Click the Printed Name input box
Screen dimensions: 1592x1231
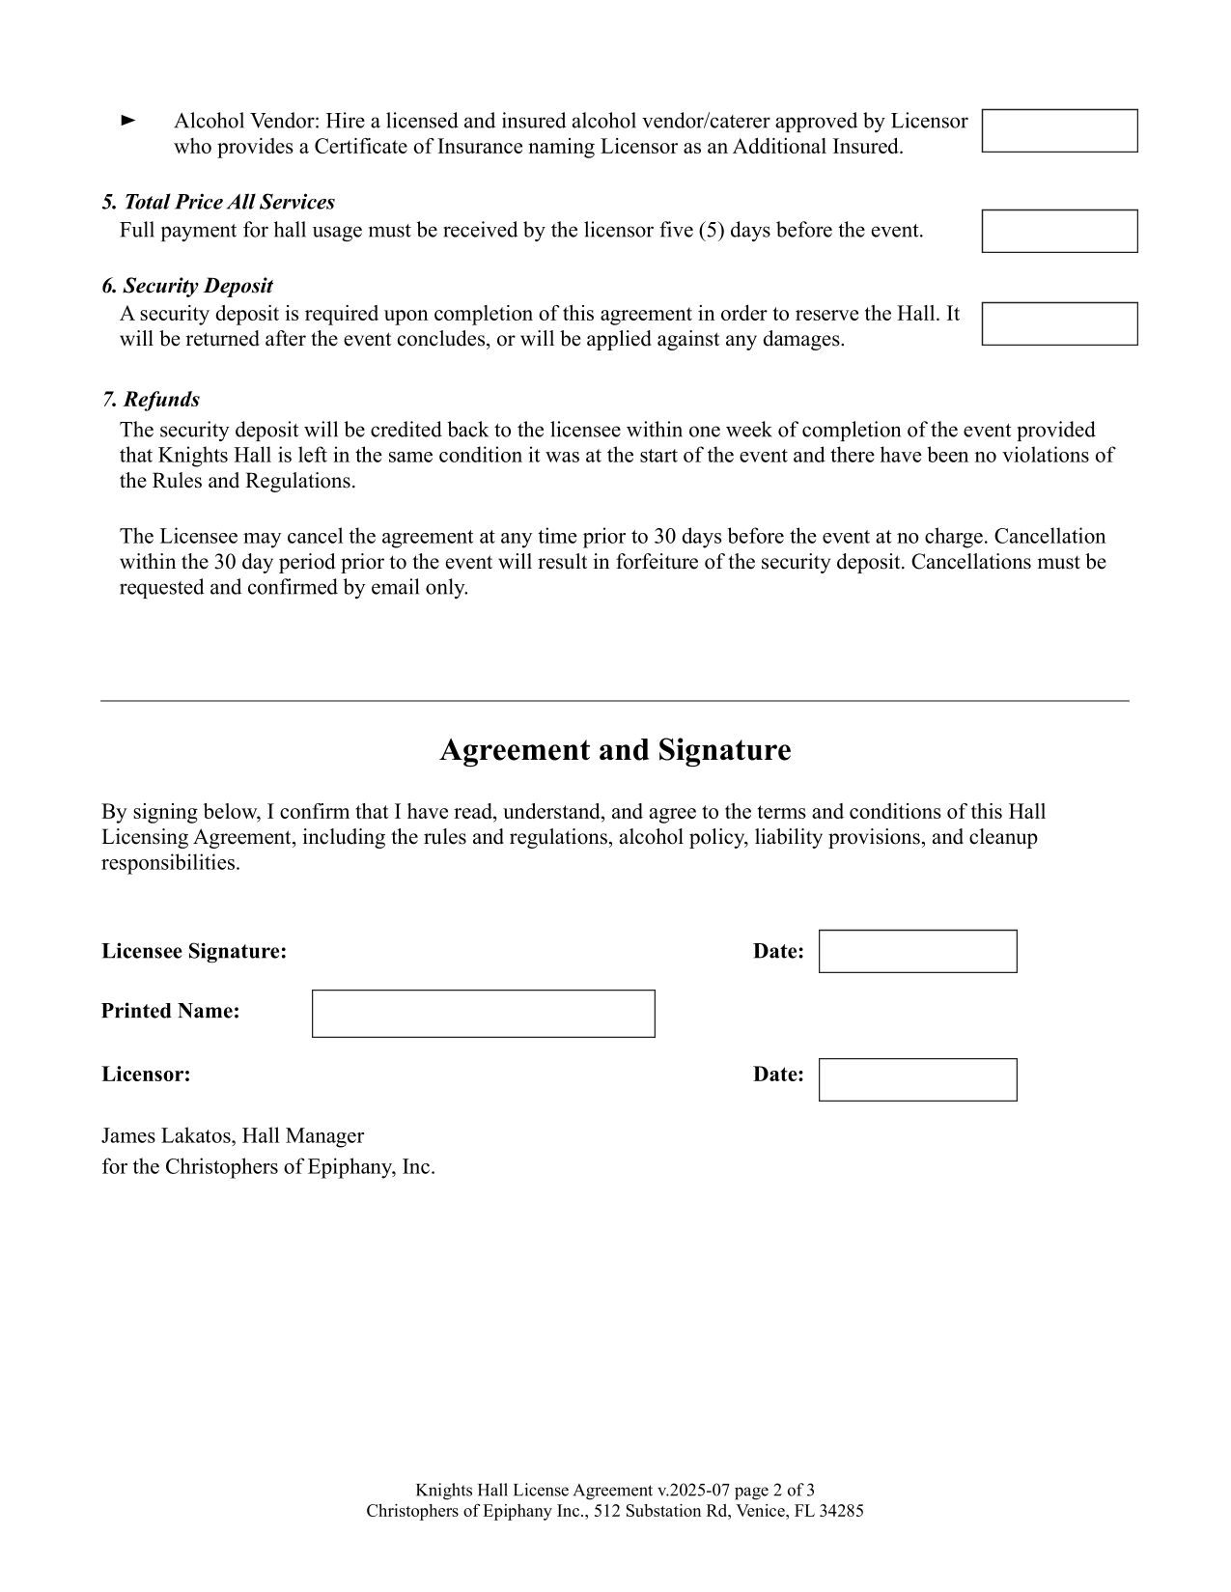click(483, 1014)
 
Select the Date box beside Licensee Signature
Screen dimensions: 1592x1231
click(917, 951)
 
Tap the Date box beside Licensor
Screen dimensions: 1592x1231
click(917, 1079)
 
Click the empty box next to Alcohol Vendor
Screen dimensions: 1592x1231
click(1059, 130)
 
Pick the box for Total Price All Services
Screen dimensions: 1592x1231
click(1059, 231)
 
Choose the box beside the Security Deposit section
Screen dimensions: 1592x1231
click(1059, 323)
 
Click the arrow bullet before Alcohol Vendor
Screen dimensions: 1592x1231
click(127, 121)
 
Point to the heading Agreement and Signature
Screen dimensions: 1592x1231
click(615, 750)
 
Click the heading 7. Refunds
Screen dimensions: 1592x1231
click(151, 400)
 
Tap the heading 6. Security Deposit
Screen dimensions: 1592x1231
click(187, 286)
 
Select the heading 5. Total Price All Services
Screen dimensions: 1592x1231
click(218, 202)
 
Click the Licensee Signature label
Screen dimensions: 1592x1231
click(194, 951)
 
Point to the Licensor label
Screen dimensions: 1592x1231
click(146, 1074)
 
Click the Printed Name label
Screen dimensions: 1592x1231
click(170, 1011)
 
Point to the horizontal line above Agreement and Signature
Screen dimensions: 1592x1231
click(614, 701)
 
